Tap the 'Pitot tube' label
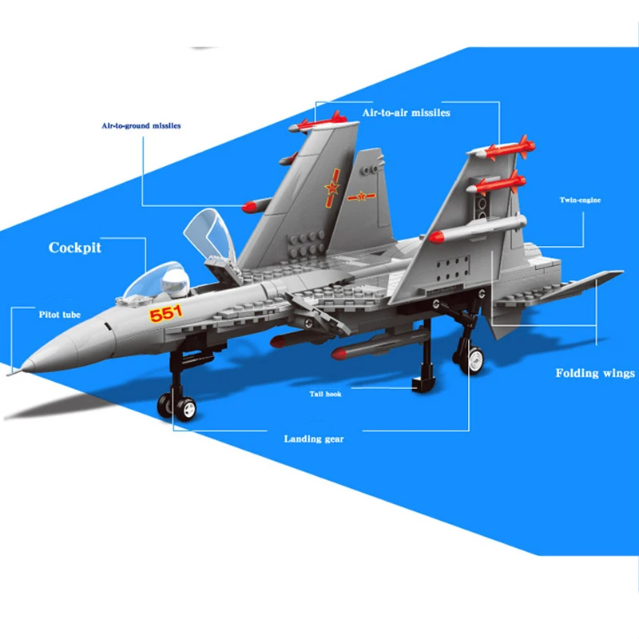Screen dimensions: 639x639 click(59, 315)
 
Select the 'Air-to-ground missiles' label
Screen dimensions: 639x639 click(141, 125)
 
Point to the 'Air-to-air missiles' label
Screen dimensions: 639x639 click(407, 113)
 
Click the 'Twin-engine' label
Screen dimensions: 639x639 click(579, 200)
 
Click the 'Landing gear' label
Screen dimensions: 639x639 click(314, 439)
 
